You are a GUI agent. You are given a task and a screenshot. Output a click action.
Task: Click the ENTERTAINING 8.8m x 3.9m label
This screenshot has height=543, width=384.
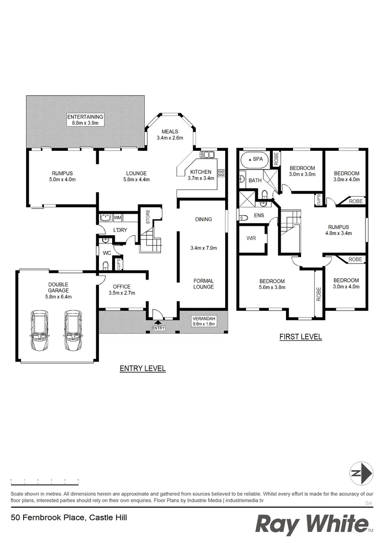(85, 119)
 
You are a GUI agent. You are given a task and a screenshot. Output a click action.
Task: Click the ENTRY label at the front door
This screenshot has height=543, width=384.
(158, 328)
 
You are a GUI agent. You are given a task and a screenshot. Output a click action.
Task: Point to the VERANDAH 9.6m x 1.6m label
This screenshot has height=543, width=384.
(205, 321)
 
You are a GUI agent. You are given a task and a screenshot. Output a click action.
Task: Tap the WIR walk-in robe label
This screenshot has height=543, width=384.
(251, 238)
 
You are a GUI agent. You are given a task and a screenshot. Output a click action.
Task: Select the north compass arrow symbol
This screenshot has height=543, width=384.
(361, 473)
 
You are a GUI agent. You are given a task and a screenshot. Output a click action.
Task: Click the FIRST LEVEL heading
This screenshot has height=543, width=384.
(301, 337)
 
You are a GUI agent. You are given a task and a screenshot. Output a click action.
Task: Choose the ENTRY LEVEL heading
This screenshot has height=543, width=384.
(142, 369)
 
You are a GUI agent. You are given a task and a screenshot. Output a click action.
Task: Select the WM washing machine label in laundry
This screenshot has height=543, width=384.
(117, 218)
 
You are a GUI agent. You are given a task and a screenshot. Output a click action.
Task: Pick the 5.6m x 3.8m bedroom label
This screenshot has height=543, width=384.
(272, 285)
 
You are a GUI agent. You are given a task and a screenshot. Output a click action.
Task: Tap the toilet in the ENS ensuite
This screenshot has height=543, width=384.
(244, 218)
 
